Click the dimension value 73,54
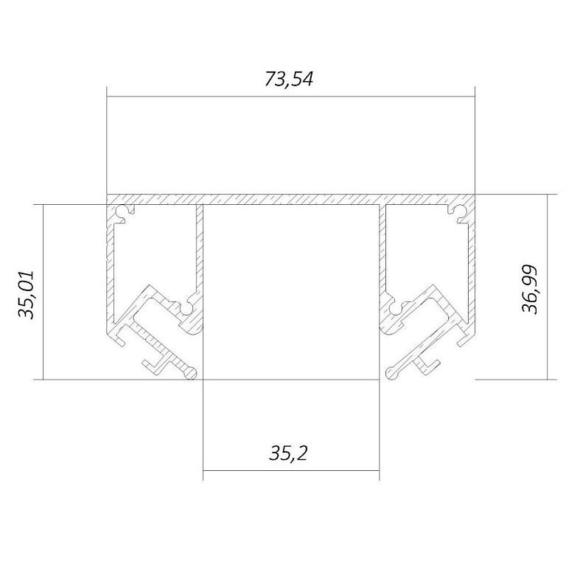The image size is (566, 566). [x=289, y=79]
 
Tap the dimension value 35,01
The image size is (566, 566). [x=26, y=295]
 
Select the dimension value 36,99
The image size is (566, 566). [x=530, y=290]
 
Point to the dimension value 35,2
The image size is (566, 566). [x=288, y=453]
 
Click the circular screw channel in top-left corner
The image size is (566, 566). [x=123, y=212]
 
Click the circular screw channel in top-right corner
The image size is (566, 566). [x=460, y=212]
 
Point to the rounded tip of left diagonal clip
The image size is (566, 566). [x=191, y=373]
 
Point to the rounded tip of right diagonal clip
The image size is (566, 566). [x=392, y=372]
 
